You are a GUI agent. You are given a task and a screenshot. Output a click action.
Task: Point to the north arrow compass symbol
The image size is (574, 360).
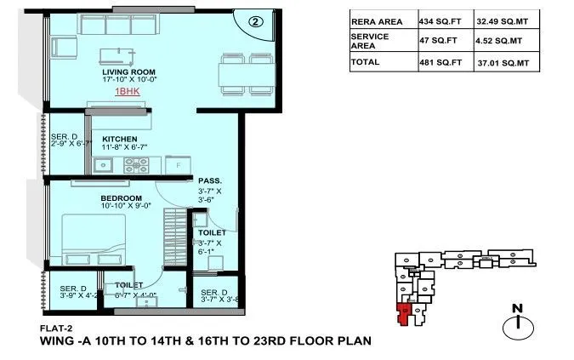[515, 323]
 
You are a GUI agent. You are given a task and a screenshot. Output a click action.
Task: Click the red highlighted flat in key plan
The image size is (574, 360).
[406, 314]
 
